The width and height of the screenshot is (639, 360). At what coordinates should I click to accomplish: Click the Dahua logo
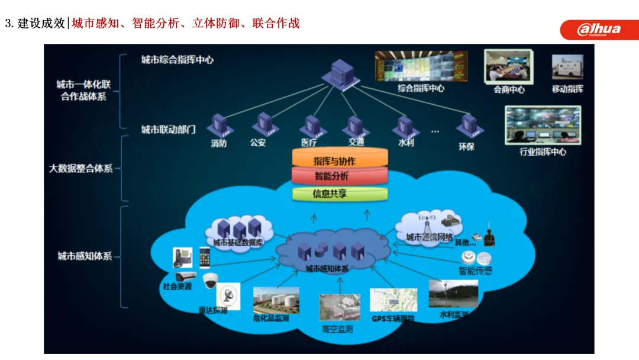[x=599, y=29]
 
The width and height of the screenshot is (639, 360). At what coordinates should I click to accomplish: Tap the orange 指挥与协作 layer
[x=340, y=160]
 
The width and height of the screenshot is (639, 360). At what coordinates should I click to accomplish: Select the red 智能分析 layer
[x=340, y=176]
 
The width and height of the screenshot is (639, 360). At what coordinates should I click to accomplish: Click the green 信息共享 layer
[x=340, y=194]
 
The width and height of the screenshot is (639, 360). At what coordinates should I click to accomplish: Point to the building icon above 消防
[x=220, y=126]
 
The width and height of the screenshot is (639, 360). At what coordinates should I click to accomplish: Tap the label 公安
[x=258, y=143]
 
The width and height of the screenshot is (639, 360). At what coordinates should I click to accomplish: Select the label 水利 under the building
[x=406, y=143]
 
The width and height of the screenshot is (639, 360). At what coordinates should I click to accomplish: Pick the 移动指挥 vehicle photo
[x=567, y=67]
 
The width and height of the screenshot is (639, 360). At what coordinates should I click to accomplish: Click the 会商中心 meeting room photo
[x=508, y=66]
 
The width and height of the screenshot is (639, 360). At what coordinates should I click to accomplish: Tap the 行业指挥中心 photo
[x=543, y=125]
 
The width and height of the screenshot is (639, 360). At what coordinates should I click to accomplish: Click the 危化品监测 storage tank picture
[x=276, y=300]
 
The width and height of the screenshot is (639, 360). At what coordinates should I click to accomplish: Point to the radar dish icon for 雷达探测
[x=228, y=294]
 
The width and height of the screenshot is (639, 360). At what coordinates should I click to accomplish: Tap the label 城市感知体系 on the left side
[x=85, y=256]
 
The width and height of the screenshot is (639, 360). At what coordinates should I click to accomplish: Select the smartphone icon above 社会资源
[x=204, y=258]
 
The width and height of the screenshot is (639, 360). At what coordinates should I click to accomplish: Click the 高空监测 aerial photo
[x=340, y=307]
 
